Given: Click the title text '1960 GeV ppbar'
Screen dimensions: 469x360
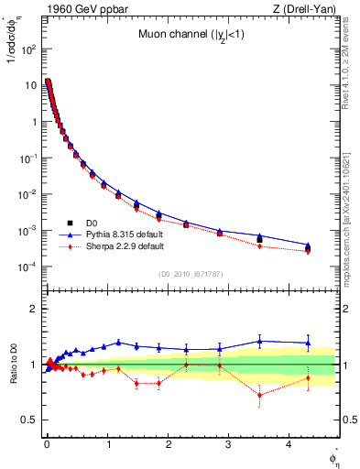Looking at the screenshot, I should tap(71, 9).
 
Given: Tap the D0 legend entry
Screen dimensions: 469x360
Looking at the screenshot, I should tap(93, 223).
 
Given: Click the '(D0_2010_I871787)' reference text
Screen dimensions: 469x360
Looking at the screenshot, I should tap(190, 274).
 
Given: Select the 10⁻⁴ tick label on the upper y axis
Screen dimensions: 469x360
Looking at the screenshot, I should tap(27, 267).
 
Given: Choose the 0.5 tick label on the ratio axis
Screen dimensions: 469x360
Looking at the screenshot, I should tap(28, 420).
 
